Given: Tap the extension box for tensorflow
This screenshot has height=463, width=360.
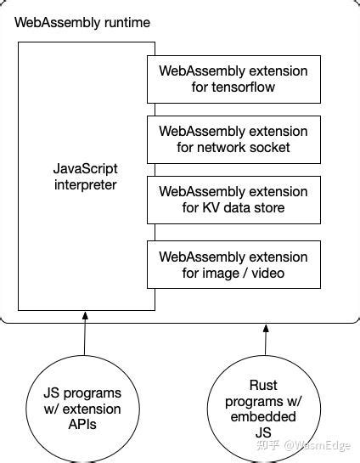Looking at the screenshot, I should pyautogui.click(x=233, y=78).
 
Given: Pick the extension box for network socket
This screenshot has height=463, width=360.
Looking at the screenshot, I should pyautogui.click(x=233, y=139).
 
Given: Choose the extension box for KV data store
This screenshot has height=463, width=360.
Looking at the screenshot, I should pyautogui.click(x=233, y=200).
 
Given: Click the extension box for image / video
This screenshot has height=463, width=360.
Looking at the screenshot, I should pyautogui.click(x=233, y=264).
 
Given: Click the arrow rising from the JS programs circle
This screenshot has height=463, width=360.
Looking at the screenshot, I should pyautogui.click(x=84, y=335).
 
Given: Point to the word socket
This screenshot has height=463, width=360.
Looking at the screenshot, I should pyautogui.click(x=270, y=148).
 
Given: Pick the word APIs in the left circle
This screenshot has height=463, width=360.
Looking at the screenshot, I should pyautogui.click(x=82, y=425).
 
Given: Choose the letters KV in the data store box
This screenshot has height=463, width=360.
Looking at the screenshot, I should pyautogui.click(x=209, y=208).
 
